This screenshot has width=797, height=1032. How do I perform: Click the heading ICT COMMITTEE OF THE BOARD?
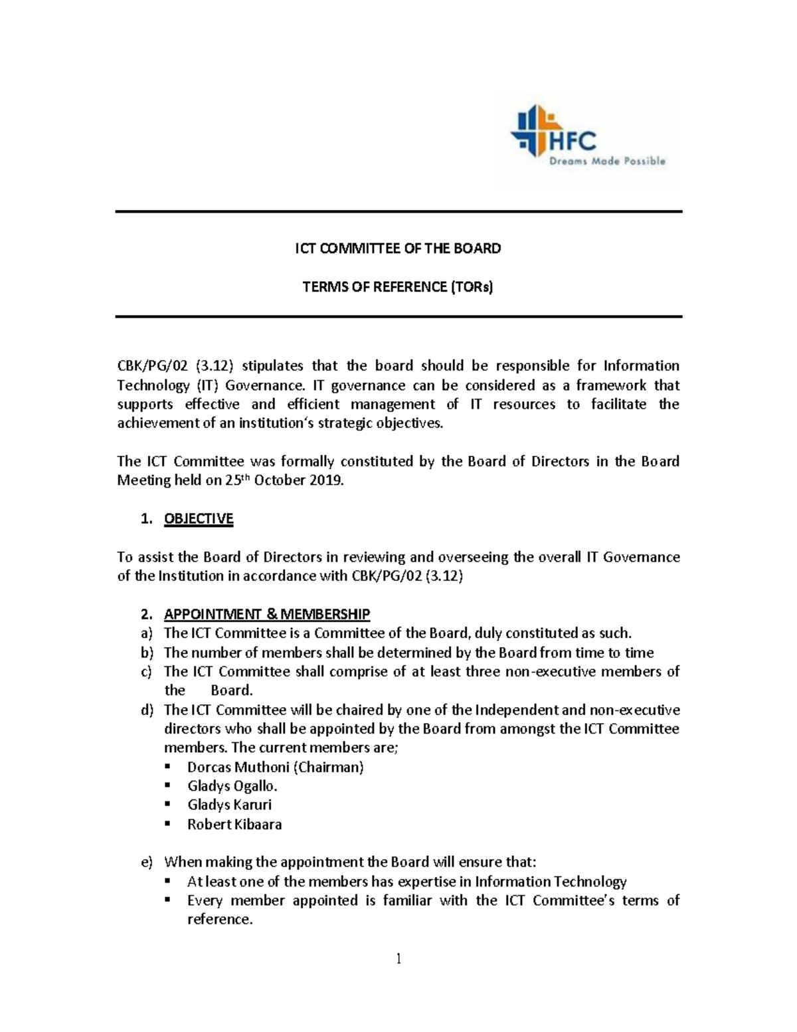398,249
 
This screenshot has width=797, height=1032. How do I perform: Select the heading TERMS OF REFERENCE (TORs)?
398,287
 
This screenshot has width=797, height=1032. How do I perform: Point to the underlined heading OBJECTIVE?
199,519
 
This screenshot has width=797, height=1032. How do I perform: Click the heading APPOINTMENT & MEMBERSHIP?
267,614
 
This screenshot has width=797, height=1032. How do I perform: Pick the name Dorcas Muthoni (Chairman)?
276,768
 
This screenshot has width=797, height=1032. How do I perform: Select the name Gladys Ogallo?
232,786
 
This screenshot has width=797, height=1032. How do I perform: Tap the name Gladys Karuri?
229,805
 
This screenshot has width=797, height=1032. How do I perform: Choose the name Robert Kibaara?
234,825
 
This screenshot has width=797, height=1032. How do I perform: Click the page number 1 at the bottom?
398,958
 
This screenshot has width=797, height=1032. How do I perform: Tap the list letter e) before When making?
147,863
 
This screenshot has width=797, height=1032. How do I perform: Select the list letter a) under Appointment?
147,633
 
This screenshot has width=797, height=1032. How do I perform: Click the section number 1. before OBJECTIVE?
147,519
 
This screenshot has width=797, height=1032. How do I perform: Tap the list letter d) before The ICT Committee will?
147,710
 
